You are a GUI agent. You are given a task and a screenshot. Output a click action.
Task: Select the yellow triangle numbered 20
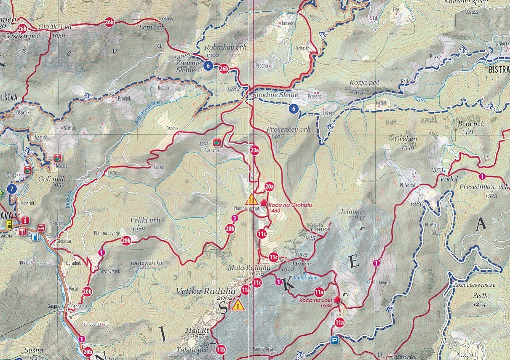(x=252, y=199)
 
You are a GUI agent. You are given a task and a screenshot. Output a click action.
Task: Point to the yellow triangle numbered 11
(x=238, y=305)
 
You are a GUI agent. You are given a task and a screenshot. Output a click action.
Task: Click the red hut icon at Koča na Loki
(x=337, y=300)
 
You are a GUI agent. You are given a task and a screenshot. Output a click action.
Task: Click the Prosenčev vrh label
(x=288, y=130)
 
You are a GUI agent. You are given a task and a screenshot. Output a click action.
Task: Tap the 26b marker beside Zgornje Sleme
(x=224, y=69)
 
